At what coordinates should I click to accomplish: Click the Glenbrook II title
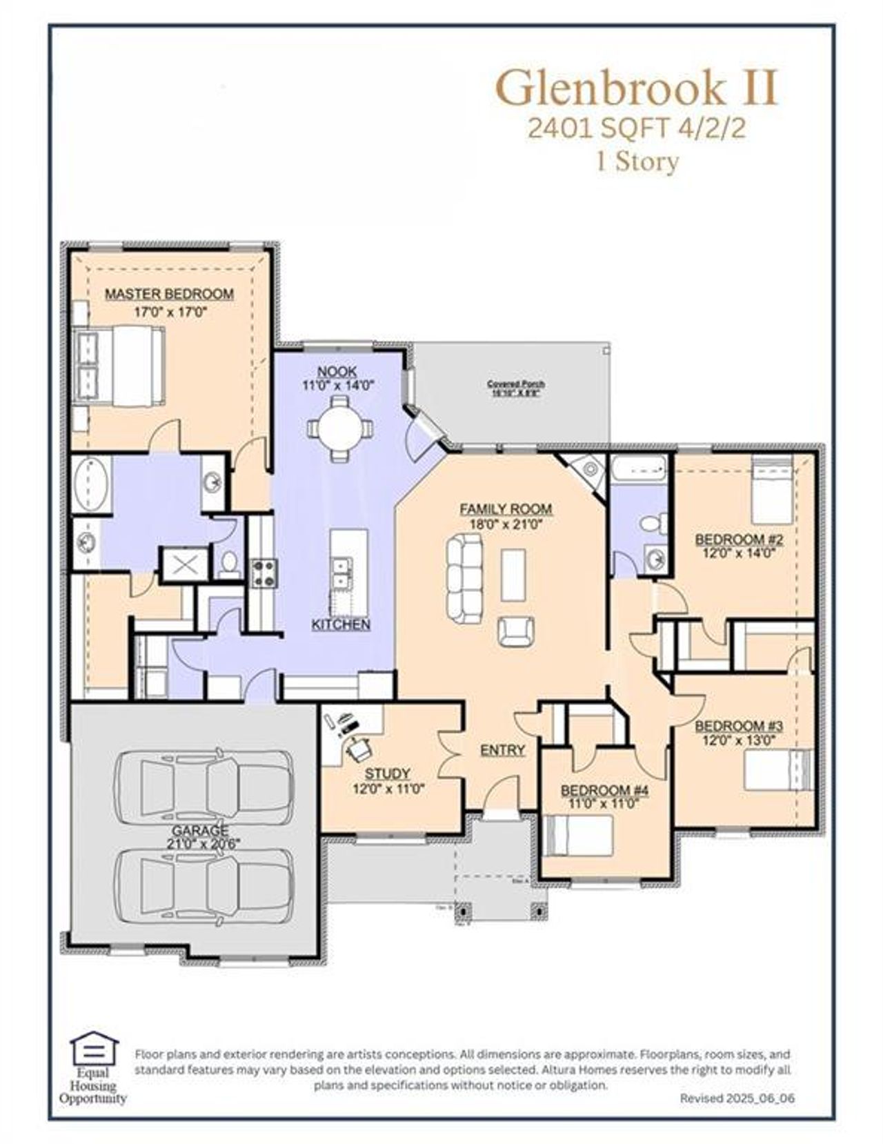click(636, 88)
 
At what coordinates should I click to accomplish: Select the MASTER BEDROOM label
click(169, 294)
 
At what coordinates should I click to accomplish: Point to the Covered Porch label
click(515, 384)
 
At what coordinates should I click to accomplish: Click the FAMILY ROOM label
click(506, 509)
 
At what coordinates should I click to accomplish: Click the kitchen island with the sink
click(348, 573)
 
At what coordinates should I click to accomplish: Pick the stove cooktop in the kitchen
click(263, 572)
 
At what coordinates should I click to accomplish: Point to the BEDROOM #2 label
click(737, 539)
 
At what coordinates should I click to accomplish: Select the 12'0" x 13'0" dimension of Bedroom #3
click(739, 740)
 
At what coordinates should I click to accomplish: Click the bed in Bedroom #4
click(578, 836)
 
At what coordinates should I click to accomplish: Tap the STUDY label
click(387, 773)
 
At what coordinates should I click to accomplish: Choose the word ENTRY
click(502, 750)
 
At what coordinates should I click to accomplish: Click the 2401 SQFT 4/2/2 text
click(636, 129)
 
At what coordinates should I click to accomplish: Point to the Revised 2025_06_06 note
click(737, 1098)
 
